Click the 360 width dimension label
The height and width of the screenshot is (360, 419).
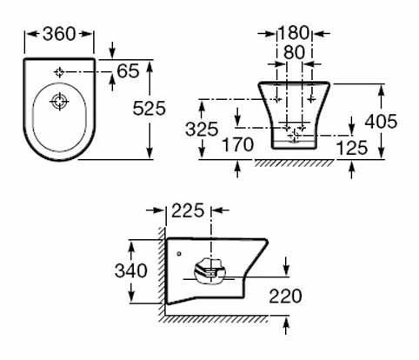[59, 34]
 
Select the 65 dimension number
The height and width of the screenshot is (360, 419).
[128, 71]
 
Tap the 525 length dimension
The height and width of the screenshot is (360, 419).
[149, 109]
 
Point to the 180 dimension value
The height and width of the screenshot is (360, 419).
[293, 33]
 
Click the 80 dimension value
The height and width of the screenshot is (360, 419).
[294, 52]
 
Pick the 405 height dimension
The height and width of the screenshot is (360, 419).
[381, 121]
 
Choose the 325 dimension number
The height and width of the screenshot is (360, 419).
[202, 129]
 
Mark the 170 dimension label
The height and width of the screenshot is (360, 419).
[238, 144]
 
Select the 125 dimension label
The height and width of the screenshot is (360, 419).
[352, 148]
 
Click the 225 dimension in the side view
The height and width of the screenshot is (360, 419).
[188, 210]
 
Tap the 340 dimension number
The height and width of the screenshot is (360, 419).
[131, 271]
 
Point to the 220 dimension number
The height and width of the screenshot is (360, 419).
[285, 296]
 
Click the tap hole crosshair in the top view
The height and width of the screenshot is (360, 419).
[59, 72]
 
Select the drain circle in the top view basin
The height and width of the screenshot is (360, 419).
[59, 102]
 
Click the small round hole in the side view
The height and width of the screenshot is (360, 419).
[179, 254]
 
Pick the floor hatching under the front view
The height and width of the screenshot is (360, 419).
[294, 163]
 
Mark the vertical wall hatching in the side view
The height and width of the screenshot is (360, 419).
[162, 271]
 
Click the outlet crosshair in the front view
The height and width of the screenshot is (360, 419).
[295, 135]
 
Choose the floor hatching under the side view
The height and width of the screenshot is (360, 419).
[213, 319]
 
